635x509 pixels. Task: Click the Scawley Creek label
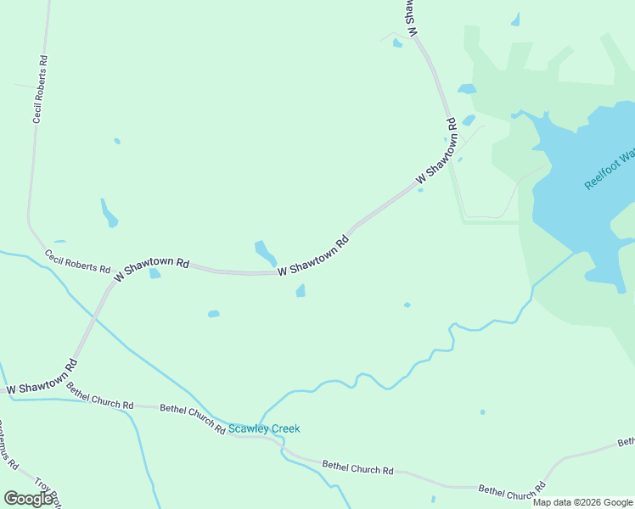click(264, 428)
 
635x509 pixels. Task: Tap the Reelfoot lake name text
click(609, 170)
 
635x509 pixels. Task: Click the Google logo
click(28, 499)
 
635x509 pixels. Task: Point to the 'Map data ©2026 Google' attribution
click(583, 502)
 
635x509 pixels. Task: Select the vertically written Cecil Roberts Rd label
click(40, 90)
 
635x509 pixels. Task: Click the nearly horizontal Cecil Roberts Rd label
click(78, 261)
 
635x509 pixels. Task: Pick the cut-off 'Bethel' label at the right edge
click(627, 442)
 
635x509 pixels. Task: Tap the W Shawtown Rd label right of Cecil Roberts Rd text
click(151, 270)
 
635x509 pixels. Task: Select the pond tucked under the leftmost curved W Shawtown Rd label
click(155, 274)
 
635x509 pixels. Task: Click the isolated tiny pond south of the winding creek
click(482, 412)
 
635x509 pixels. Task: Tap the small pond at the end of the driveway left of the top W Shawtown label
click(397, 43)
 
